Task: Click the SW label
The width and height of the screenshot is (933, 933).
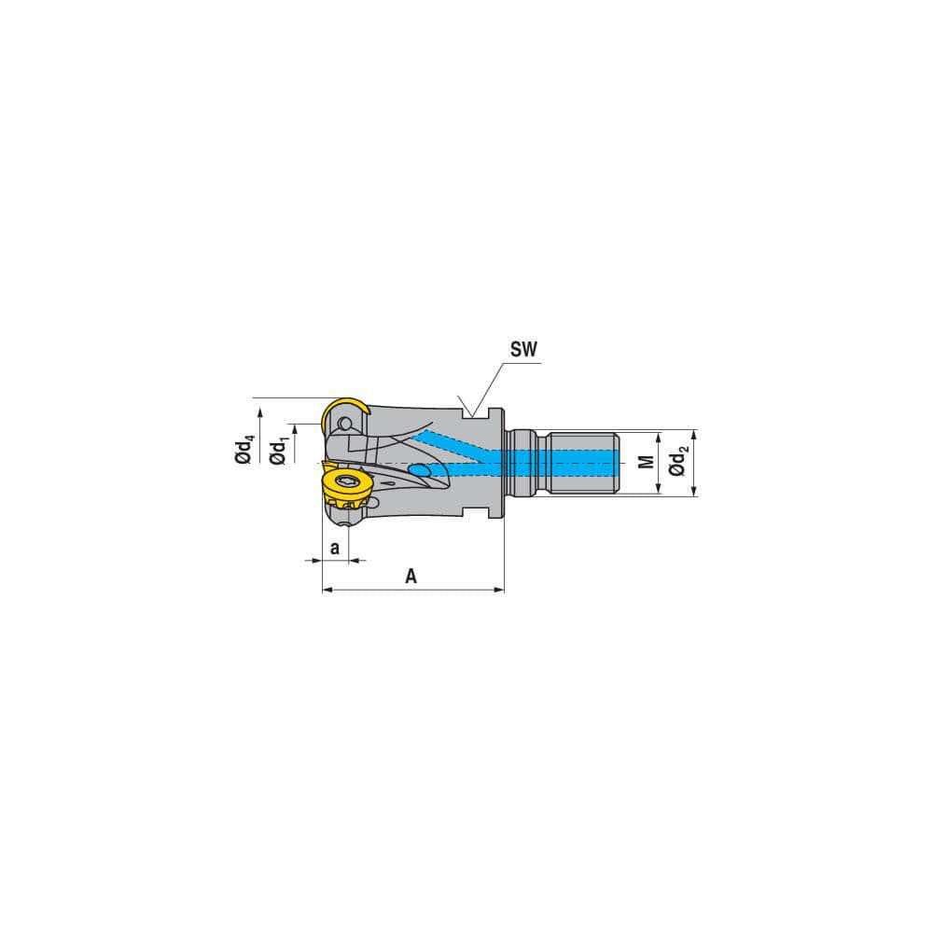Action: pyautogui.click(x=524, y=350)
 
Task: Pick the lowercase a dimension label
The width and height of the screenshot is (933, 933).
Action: pyautogui.click(x=334, y=546)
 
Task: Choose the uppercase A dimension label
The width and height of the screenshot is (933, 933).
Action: pyautogui.click(x=411, y=577)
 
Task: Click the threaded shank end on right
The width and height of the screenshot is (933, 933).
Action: pyautogui.click(x=583, y=463)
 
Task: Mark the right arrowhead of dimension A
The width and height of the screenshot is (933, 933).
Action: pyautogui.click(x=499, y=590)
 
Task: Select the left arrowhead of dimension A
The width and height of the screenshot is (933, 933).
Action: pyautogui.click(x=327, y=590)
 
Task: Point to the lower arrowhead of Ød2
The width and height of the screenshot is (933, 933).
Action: pyautogui.click(x=695, y=492)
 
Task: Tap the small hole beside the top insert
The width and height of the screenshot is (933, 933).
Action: pyautogui.click(x=346, y=425)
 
